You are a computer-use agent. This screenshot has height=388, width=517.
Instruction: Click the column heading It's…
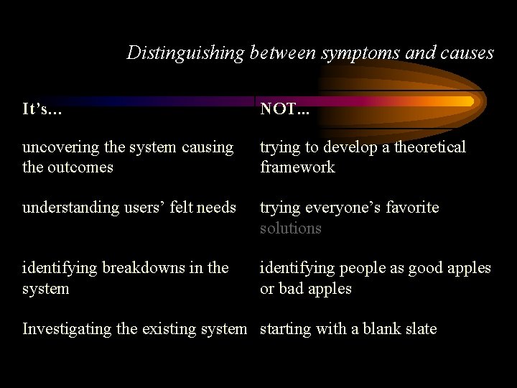coord(42,109)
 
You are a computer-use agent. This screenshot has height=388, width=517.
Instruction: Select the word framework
coord(297,167)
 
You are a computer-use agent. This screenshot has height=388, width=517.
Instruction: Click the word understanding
coord(69,208)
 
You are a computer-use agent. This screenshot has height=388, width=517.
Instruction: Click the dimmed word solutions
coord(290,228)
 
